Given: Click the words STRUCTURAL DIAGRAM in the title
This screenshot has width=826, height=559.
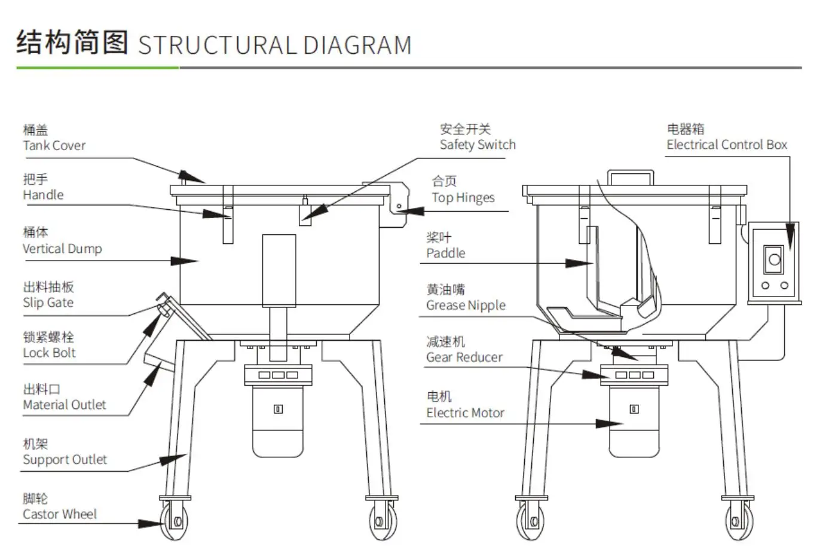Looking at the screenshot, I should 274,45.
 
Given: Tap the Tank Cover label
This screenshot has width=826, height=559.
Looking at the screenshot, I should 54,145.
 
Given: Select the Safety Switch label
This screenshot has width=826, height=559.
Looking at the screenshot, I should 477,144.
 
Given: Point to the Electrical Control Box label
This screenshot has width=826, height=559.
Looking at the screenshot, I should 726,144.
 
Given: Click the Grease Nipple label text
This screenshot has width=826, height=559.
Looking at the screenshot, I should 466,305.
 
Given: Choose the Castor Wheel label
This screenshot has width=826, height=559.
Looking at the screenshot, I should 59,514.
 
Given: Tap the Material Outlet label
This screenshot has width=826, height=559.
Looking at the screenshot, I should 64,404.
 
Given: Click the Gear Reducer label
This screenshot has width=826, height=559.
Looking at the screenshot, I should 464,357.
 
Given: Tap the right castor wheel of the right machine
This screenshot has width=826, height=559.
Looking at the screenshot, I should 739,522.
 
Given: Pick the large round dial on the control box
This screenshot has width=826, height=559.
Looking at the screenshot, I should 775,259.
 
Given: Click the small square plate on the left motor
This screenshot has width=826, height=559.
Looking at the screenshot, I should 278,409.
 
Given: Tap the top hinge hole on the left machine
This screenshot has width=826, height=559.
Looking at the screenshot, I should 399,207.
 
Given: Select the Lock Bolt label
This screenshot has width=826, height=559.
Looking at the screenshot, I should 49,353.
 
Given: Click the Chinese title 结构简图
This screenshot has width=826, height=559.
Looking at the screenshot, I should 72,42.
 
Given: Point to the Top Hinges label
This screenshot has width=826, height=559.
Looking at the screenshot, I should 463,197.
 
